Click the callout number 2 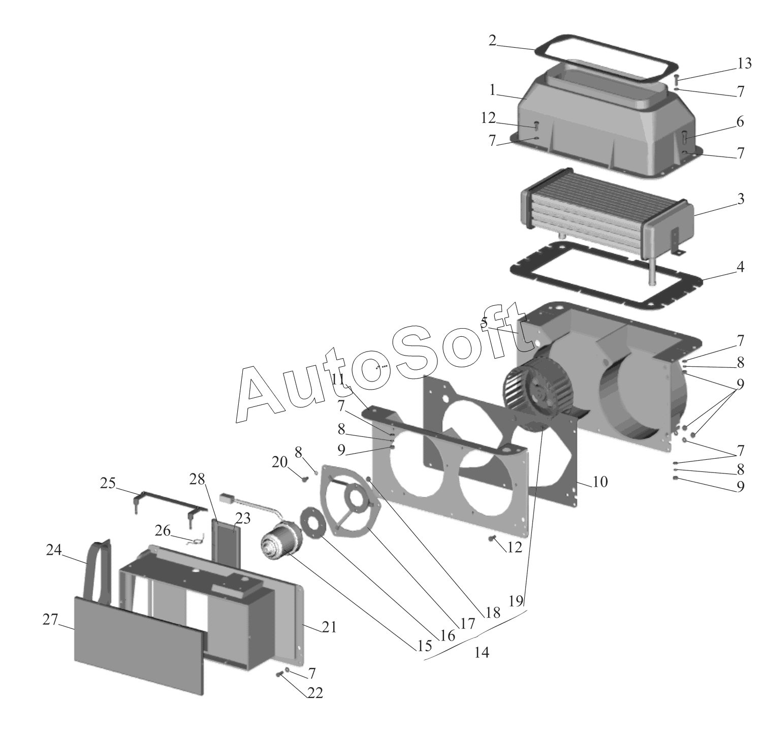492,41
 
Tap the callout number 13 744,64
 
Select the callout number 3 741,199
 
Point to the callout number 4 741,267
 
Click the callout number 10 600,482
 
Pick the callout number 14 482,652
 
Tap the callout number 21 329,628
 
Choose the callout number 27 50,620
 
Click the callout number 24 54,550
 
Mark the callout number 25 108,483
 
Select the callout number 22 315,693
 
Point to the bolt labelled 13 677,80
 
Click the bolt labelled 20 305,479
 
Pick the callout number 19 516,601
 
